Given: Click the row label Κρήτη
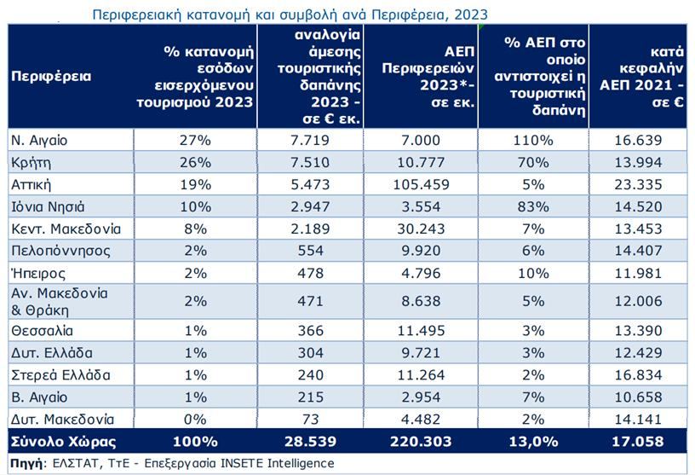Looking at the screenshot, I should coord(29,162).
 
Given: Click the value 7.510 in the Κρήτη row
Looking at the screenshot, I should coord(312,162).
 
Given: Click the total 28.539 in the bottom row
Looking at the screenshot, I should coord(312,442).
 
